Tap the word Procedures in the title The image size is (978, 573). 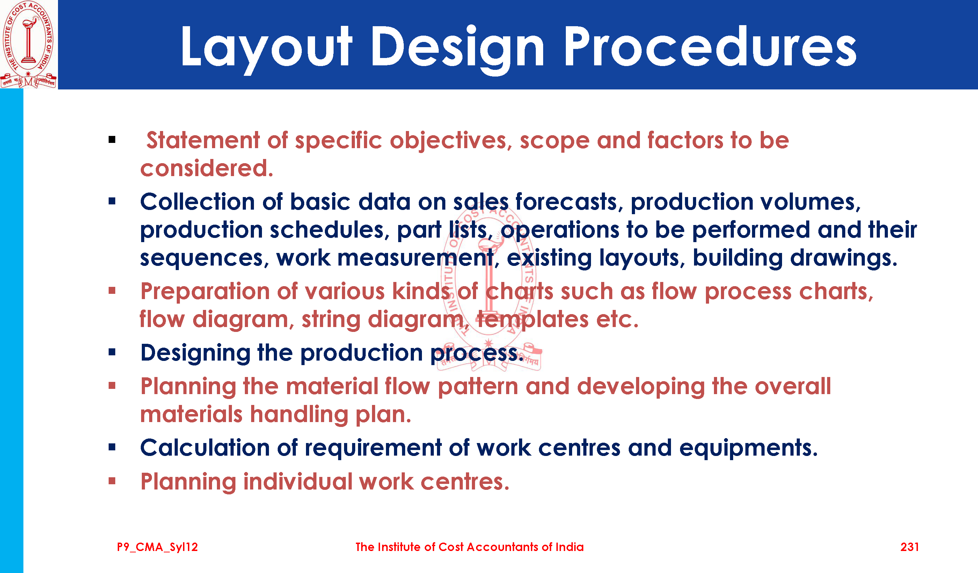(x=710, y=46)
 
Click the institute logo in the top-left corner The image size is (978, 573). (x=28, y=44)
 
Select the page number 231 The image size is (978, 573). (x=909, y=547)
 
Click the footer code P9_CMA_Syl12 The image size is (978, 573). (x=158, y=547)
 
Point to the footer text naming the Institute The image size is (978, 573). (x=469, y=547)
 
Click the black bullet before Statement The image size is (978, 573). (x=112, y=140)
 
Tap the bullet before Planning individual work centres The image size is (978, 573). (x=112, y=481)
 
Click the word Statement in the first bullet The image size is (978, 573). (x=203, y=140)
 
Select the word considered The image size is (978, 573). (x=207, y=168)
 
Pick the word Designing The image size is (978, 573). (x=195, y=353)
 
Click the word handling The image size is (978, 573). (x=299, y=415)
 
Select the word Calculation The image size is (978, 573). (x=205, y=448)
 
